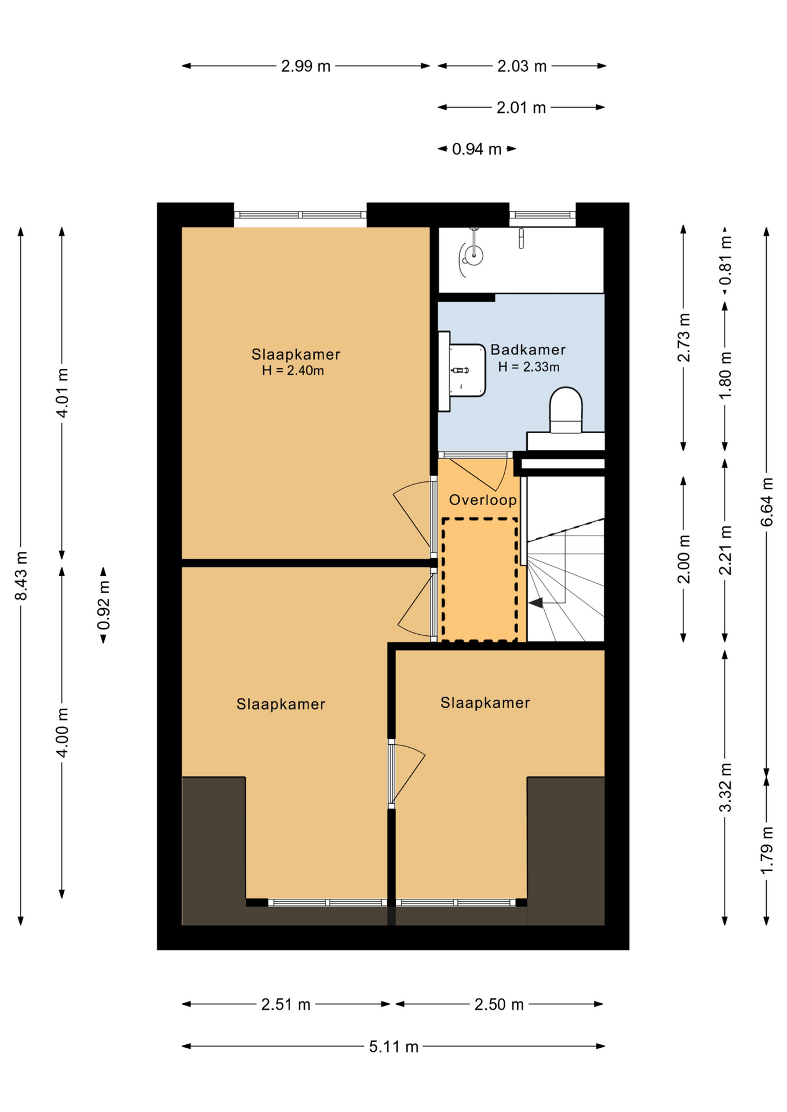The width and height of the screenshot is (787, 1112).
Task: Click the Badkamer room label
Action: point(528,350)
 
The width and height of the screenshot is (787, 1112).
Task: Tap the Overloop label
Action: point(483,500)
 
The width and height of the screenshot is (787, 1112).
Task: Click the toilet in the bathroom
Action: point(566,410)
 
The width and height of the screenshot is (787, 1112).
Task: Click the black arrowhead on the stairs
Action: point(535,603)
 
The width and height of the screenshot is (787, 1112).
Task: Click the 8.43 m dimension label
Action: point(21,576)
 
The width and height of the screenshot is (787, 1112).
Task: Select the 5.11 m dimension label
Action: point(394,1047)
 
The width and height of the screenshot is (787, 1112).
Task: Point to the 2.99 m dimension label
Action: point(306,66)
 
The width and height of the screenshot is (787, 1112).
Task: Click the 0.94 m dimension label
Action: point(476,149)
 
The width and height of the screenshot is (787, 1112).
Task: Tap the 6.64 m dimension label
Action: point(767,502)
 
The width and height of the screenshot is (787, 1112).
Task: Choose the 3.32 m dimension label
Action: point(726,787)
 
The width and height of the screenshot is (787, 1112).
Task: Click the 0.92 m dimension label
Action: point(104,605)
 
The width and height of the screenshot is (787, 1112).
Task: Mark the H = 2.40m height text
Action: point(293,371)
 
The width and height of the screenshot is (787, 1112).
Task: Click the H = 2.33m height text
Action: point(529,367)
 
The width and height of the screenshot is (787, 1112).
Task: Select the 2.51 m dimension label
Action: point(286,1004)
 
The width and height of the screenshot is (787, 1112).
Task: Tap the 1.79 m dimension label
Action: point(767,850)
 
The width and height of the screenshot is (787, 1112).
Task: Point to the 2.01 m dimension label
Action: point(521,108)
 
